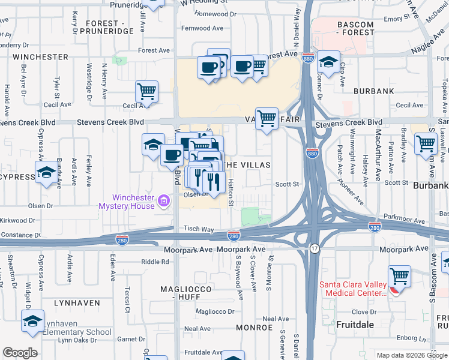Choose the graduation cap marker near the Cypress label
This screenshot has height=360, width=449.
click(x=46, y=173)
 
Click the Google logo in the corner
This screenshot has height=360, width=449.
click(x=20, y=353)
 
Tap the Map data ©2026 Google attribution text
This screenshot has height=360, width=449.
click(x=411, y=355)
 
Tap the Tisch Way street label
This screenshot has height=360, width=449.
click(x=199, y=229)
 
